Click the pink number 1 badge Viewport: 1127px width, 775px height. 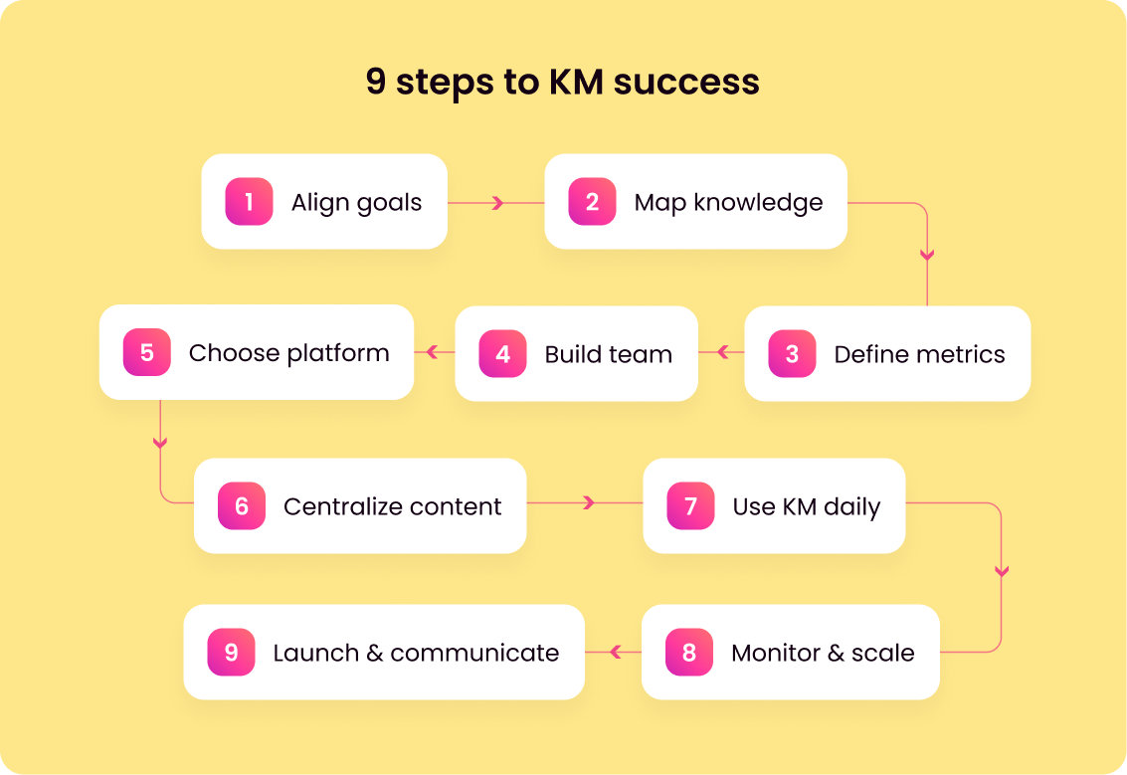(249, 202)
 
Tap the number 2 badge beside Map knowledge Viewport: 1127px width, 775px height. (592, 202)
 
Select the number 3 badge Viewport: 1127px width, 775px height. (792, 354)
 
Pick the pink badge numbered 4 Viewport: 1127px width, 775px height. (502, 354)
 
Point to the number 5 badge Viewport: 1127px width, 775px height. (147, 353)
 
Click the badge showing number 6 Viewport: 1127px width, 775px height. (242, 506)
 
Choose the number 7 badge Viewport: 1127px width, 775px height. (690, 506)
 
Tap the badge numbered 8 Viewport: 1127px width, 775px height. (689, 653)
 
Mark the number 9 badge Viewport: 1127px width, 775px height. (231, 653)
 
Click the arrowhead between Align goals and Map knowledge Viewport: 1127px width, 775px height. (498, 203)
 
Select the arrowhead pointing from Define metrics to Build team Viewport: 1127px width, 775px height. (723, 352)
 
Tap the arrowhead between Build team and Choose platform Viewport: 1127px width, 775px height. (433, 352)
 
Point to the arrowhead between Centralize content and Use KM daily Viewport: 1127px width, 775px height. (589, 502)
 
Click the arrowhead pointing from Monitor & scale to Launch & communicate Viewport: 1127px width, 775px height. (615, 653)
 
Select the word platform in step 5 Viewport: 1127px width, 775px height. (338, 353)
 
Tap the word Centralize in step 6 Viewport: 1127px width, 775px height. (338, 506)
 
